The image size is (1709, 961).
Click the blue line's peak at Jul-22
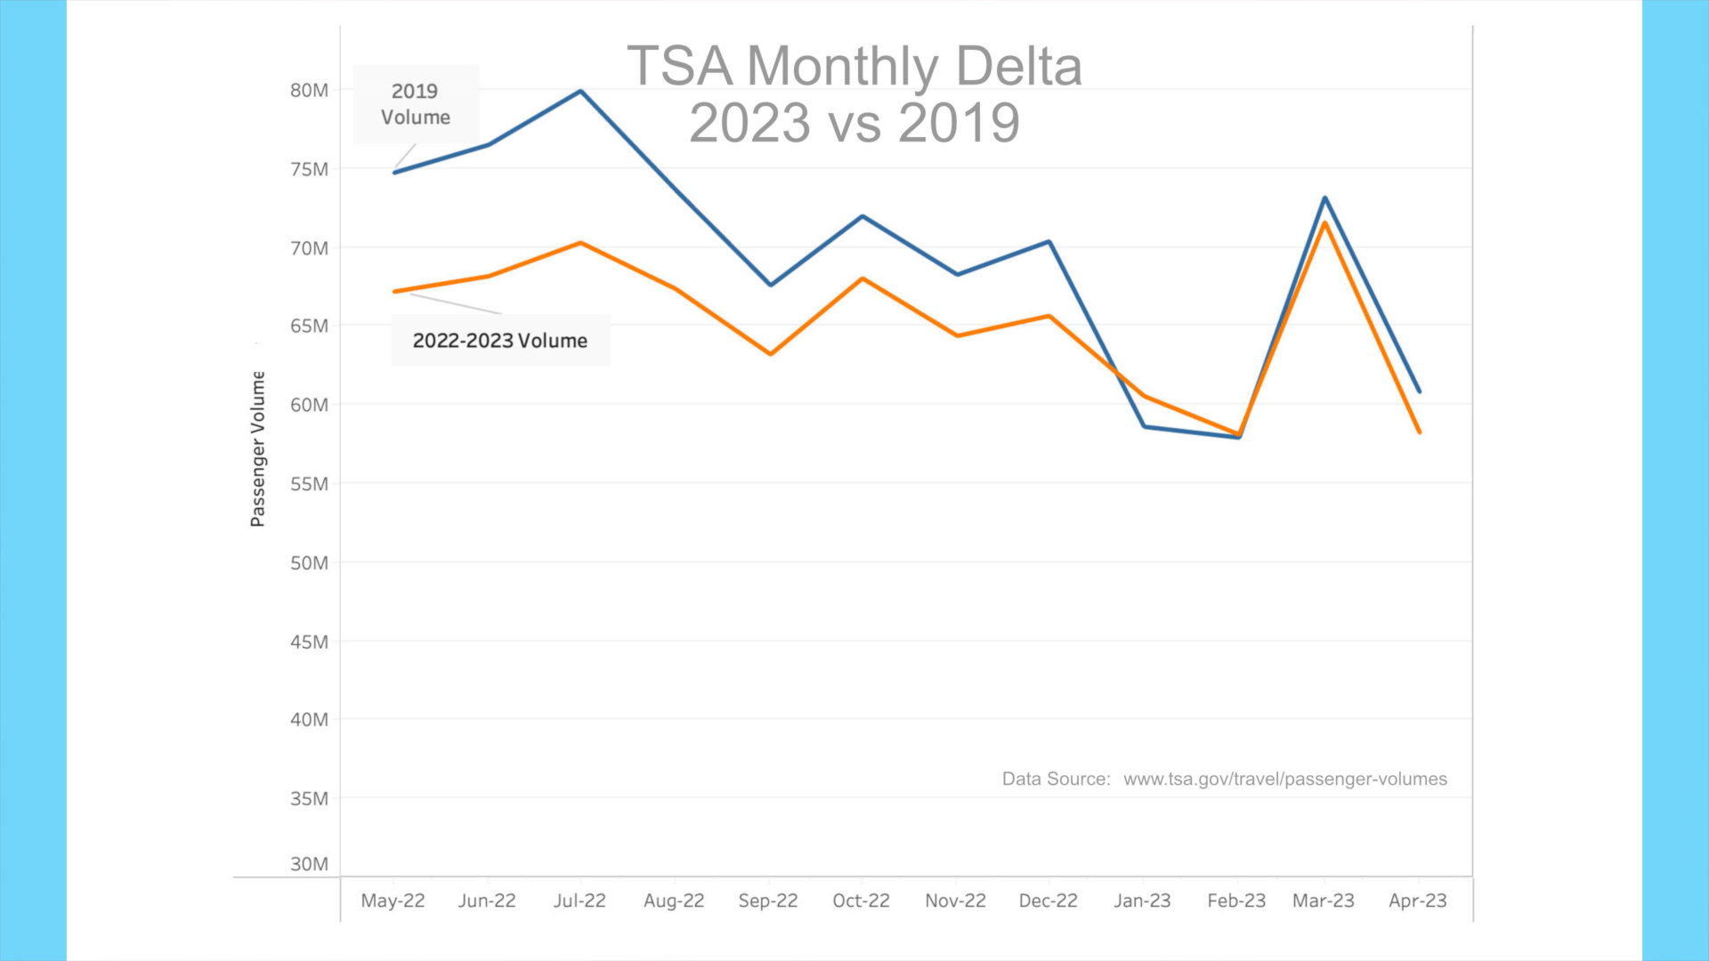pyautogui.click(x=580, y=91)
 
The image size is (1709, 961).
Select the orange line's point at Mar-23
pyautogui.click(x=1324, y=222)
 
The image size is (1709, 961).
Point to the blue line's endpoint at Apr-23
pyautogui.click(x=1419, y=392)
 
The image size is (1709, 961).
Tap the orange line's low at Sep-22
pyautogui.click(x=770, y=354)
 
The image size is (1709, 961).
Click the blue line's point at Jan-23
pyautogui.click(x=1144, y=427)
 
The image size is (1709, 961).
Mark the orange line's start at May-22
pyautogui.click(x=394, y=292)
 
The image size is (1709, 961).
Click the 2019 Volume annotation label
pyautogui.click(x=416, y=104)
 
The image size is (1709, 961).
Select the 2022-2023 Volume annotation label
pyautogui.click(x=500, y=341)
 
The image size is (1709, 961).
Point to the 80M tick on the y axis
pyautogui.click(x=309, y=90)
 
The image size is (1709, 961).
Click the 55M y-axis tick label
pyautogui.click(x=309, y=484)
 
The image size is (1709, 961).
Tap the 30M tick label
pyautogui.click(x=309, y=864)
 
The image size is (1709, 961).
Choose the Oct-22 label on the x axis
pyautogui.click(x=861, y=900)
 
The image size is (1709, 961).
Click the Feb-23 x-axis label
pyautogui.click(x=1236, y=900)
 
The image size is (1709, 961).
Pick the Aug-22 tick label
pyautogui.click(x=674, y=900)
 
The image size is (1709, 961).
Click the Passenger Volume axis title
pyautogui.click(x=258, y=448)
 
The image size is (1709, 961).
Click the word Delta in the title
pyautogui.click(x=1018, y=66)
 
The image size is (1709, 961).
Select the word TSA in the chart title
pyautogui.click(x=680, y=66)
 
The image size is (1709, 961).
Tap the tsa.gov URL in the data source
pyautogui.click(x=1285, y=779)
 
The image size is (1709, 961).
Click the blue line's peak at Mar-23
pyautogui.click(x=1324, y=198)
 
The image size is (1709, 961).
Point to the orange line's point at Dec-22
pyautogui.click(x=1049, y=316)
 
